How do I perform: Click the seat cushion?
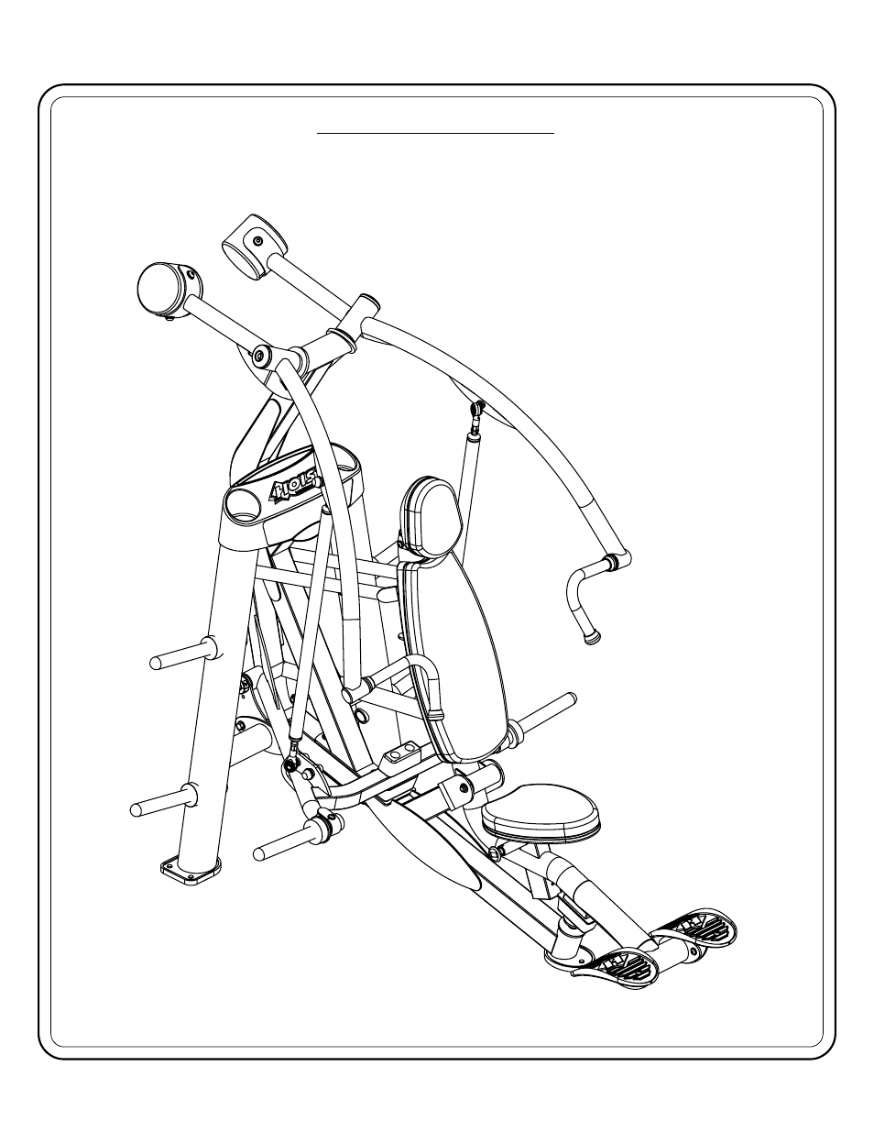point(541,811)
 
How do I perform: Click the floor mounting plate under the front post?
point(191,873)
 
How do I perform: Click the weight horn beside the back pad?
point(547,716)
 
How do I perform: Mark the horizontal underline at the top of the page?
point(436,133)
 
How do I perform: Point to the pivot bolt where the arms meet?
point(261,353)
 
